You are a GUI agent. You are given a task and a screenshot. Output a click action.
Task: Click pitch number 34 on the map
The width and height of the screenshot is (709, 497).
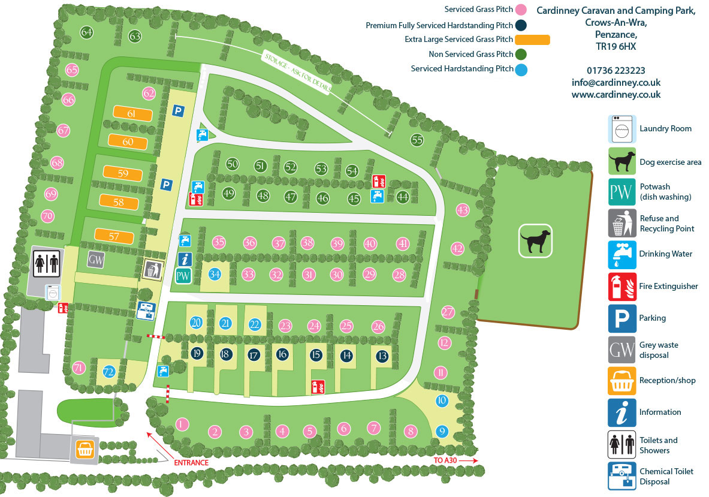(x=215, y=274)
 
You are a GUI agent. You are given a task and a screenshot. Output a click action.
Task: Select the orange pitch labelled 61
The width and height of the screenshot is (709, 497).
(x=131, y=113)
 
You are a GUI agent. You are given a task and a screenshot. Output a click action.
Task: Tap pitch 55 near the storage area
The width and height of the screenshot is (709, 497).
(x=417, y=140)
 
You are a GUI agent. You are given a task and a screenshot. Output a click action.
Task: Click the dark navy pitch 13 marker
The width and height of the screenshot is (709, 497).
(x=382, y=356)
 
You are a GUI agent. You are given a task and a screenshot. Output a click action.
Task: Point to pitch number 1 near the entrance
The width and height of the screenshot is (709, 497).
(x=183, y=424)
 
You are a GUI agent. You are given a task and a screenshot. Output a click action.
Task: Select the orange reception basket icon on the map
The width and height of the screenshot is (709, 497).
(x=86, y=449)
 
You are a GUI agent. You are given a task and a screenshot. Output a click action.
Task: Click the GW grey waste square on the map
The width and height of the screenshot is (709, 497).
(x=96, y=260)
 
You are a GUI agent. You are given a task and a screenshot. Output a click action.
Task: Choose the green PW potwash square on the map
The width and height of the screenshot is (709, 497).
(x=183, y=276)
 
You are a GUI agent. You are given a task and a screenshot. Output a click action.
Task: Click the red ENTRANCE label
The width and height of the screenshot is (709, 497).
(x=191, y=462)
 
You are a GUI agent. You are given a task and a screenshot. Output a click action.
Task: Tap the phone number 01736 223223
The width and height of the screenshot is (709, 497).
(x=616, y=70)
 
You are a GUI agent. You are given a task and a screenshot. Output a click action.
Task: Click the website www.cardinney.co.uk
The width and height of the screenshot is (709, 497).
(x=616, y=94)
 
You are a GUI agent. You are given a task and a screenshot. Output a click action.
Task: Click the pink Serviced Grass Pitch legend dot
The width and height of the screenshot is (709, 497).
(x=521, y=10)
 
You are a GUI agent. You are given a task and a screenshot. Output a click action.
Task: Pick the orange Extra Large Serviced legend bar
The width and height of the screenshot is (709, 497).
(x=532, y=40)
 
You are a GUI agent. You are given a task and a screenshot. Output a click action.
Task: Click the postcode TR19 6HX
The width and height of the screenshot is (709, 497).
(x=616, y=46)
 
